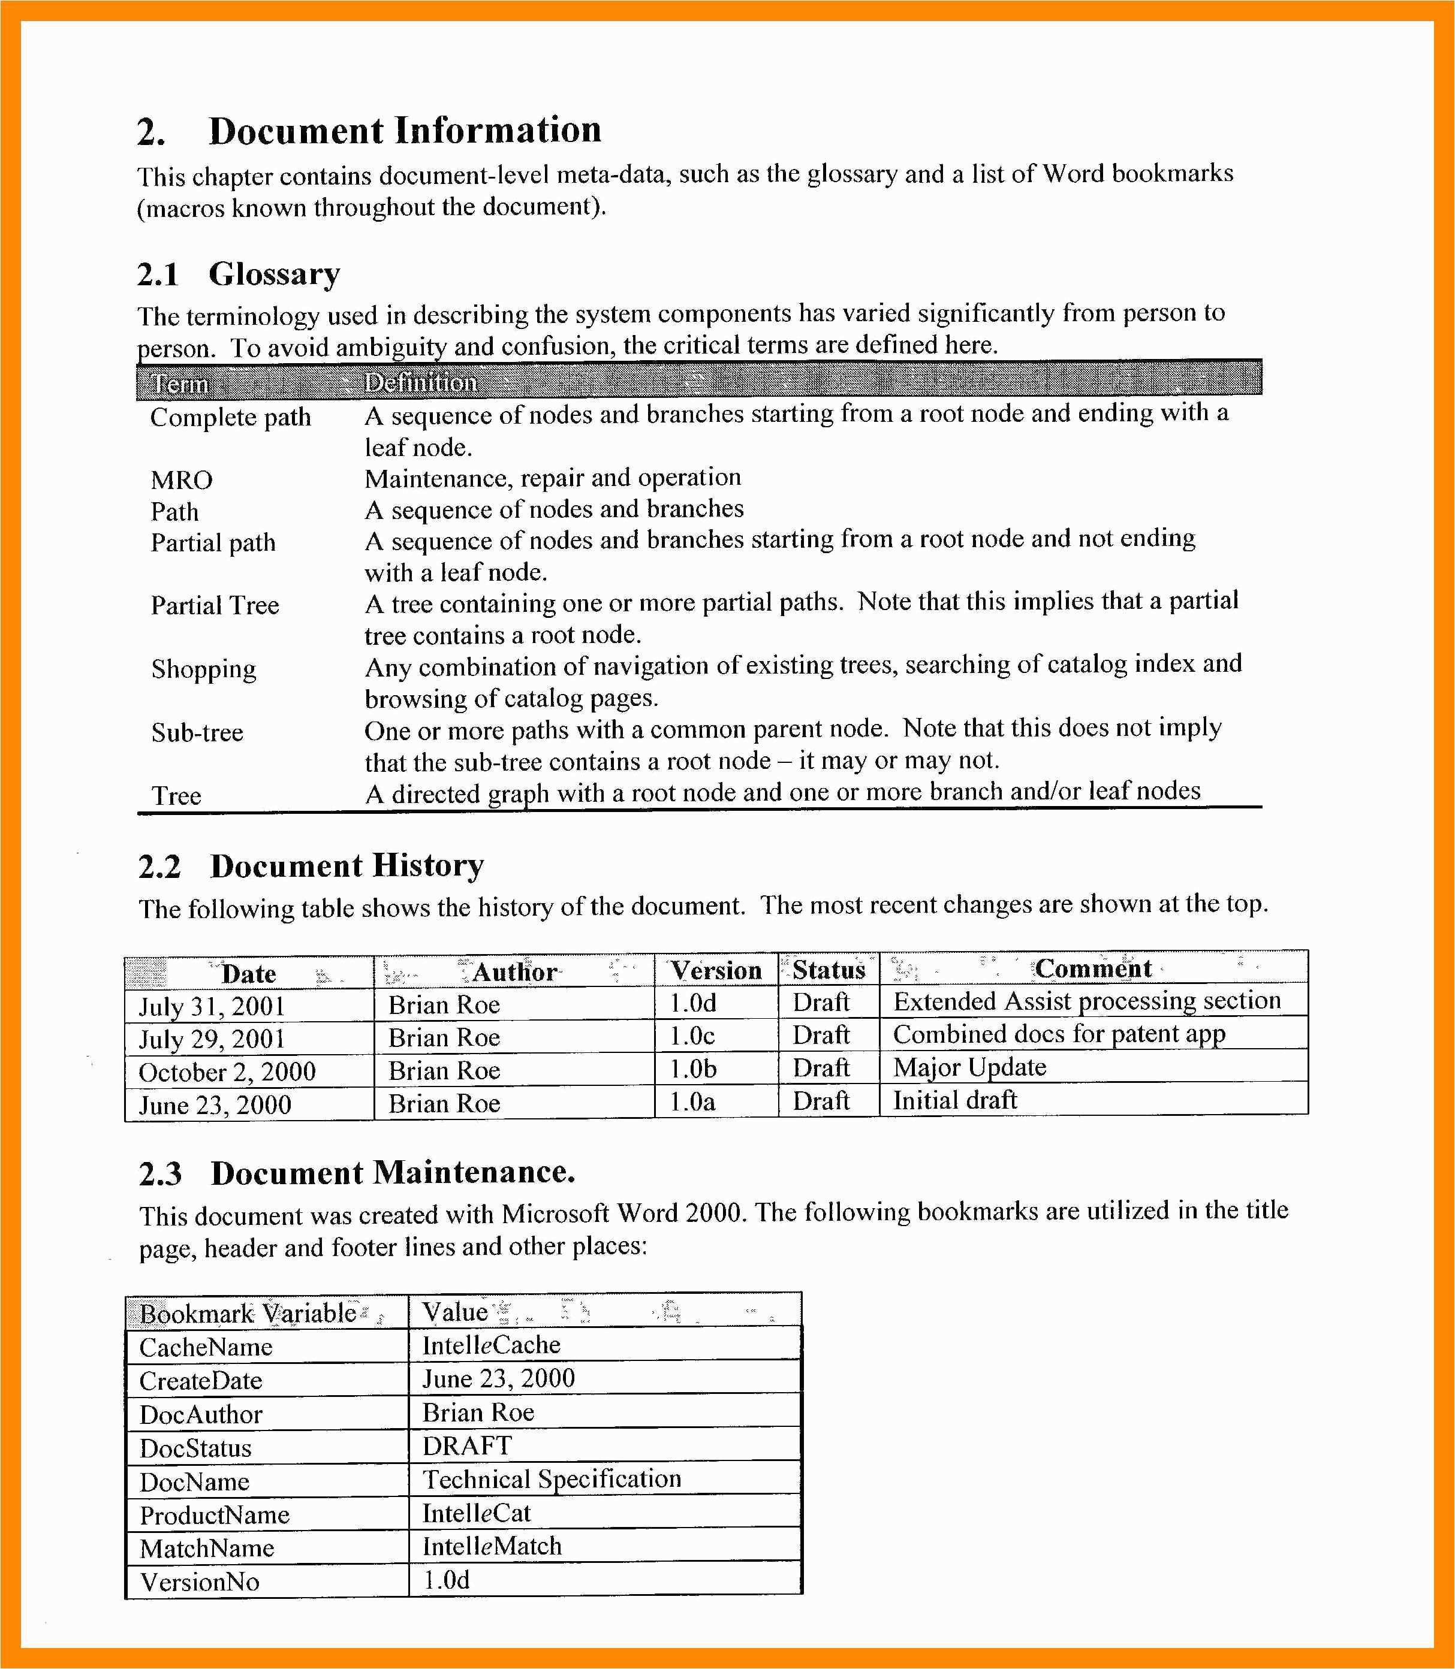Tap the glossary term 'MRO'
181,480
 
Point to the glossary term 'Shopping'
203,669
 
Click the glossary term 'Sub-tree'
197,732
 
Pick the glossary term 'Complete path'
231,417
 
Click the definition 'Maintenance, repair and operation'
552,478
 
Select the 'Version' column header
715,970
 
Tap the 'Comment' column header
1093,968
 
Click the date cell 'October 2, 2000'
227,1072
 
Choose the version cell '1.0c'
692,1036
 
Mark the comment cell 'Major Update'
969,1067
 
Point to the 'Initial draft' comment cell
955,1100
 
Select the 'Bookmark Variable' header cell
248,1312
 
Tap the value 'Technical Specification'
552,1479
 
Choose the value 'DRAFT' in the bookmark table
467,1445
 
